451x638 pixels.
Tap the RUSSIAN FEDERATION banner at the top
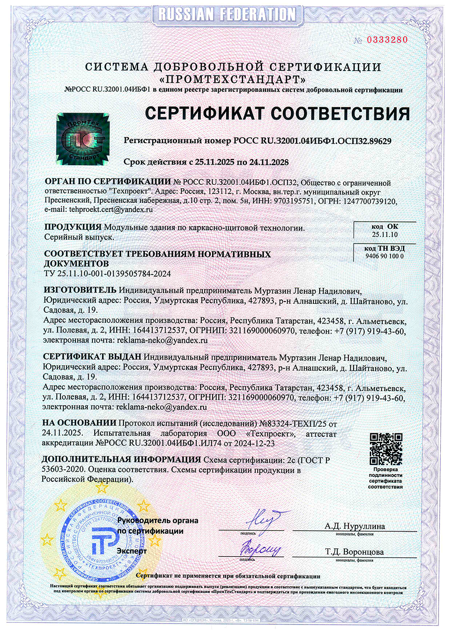coord(225,12)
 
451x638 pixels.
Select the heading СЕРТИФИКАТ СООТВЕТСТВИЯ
coord(277,113)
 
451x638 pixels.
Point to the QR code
coord(385,448)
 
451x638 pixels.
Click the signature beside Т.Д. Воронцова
coord(261,546)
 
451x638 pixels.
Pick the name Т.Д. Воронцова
coord(355,552)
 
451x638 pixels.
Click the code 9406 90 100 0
coord(381,256)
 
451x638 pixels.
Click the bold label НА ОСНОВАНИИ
coord(78,423)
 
